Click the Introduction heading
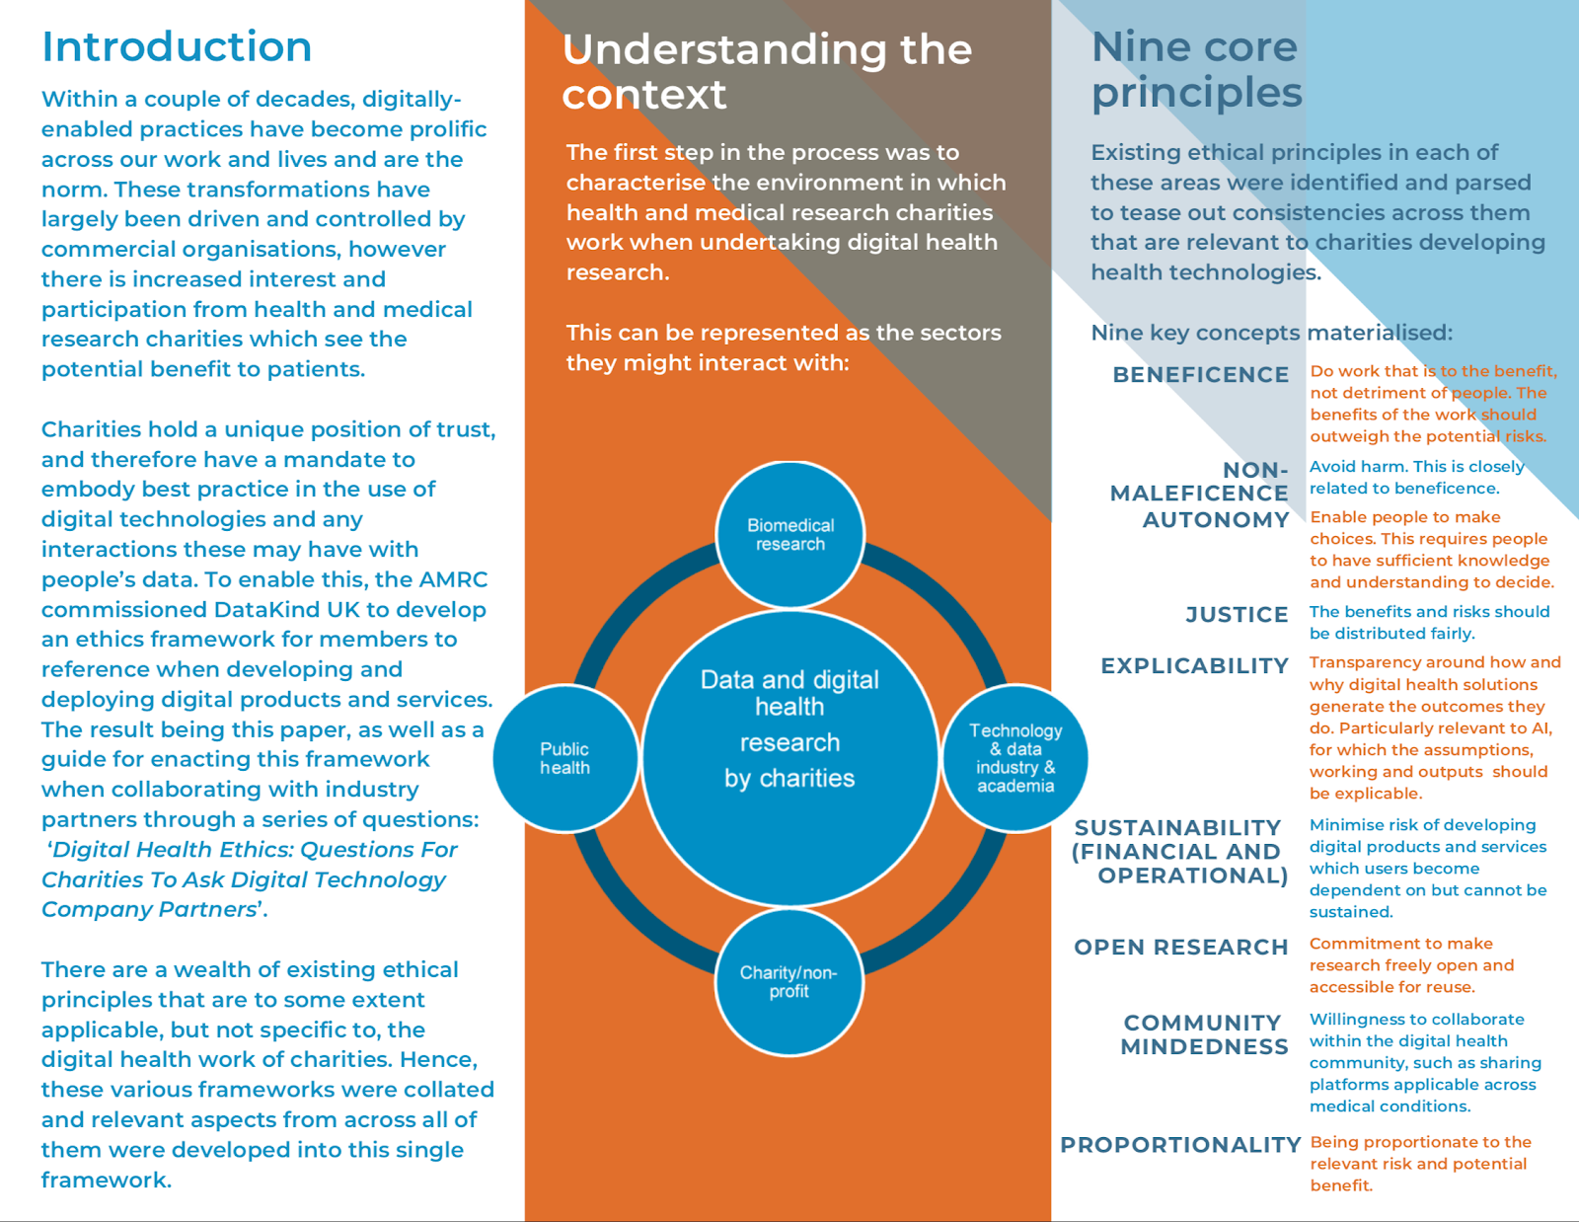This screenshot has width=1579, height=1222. pyautogui.click(x=177, y=46)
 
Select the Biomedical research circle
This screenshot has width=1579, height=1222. pyautogui.click(x=789, y=534)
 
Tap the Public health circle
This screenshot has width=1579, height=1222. pyautogui.click(x=564, y=758)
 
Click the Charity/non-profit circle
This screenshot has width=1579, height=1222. pyautogui.click(x=789, y=981)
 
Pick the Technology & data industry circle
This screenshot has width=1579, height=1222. pyautogui.click(x=1015, y=758)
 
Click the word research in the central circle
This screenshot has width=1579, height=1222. pyautogui.click(x=789, y=742)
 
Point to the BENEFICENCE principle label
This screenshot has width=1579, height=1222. pyautogui.click(x=1200, y=375)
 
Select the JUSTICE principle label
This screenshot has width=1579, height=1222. pyautogui.click(x=1237, y=615)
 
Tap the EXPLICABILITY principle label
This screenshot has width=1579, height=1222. pyautogui.click(x=1194, y=666)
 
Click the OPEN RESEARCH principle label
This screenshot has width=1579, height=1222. pyautogui.click(x=1180, y=948)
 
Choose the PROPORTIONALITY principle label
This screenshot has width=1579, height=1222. pyautogui.click(x=1180, y=1145)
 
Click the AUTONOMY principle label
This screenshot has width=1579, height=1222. pyautogui.click(x=1216, y=520)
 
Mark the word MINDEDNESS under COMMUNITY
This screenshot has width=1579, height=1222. pyautogui.click(x=1204, y=1047)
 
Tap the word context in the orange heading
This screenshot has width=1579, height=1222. pyautogui.click(x=643, y=95)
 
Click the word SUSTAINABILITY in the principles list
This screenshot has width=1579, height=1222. pyautogui.click(x=1177, y=828)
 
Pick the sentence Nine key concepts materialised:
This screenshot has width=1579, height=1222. pyautogui.click(x=1271, y=333)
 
